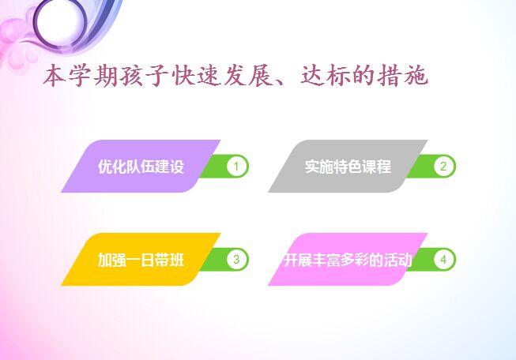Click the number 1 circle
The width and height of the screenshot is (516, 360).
236,166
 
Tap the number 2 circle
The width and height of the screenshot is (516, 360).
443,166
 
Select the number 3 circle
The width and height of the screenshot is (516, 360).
236,260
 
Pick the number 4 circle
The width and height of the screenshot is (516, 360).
443,260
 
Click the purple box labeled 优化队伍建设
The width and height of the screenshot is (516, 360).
141,166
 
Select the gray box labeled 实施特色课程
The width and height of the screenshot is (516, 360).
348,166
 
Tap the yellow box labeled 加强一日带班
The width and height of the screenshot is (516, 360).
141,260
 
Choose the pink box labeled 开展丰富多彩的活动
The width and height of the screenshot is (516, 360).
348,260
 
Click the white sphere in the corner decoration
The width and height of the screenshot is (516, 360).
59,21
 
